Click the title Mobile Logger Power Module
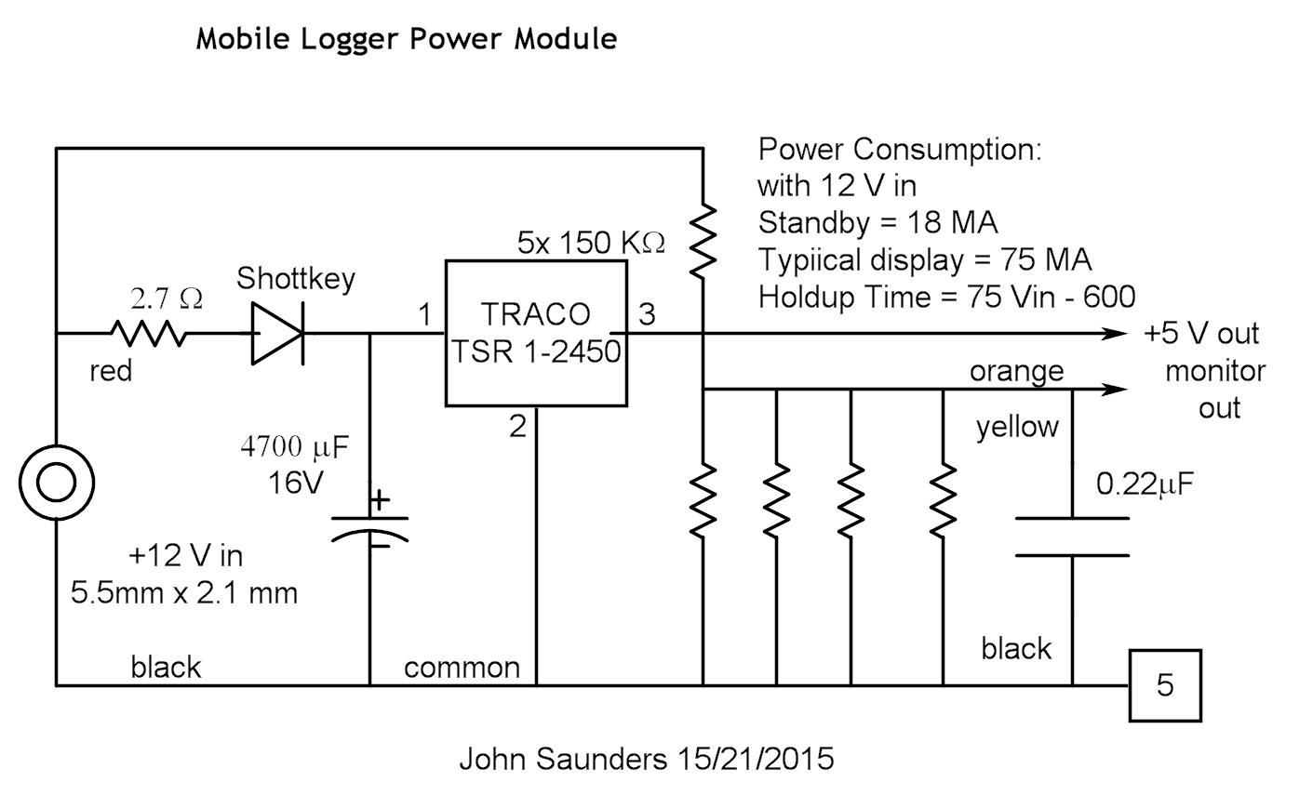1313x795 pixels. [x=406, y=39]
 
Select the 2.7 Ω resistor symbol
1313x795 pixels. [x=149, y=333]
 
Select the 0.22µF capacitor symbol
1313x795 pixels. [x=1072, y=537]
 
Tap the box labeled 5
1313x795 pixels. [x=1165, y=685]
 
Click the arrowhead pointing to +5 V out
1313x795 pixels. [x=1114, y=333]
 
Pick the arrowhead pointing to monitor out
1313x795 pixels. [x=1114, y=389]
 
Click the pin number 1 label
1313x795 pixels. [x=424, y=315]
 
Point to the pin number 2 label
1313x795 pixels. [x=517, y=427]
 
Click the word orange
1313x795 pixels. [x=1016, y=371]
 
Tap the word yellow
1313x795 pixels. [x=1017, y=427]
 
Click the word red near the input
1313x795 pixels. [x=111, y=371]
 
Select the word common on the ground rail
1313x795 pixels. [x=462, y=668]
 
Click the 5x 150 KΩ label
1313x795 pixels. [x=591, y=243]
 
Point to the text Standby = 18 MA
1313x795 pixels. [x=878, y=223]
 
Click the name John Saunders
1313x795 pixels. [x=560, y=759]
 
